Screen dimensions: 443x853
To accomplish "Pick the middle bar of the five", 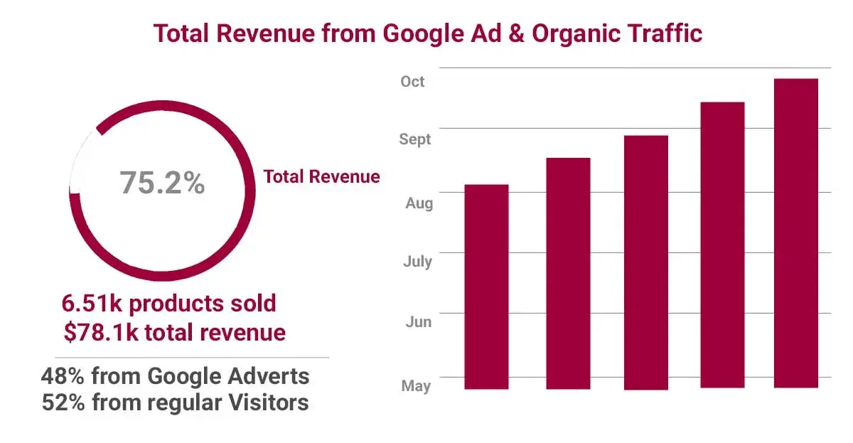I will pos(646,262).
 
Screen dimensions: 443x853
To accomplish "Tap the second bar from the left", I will pos(568,274).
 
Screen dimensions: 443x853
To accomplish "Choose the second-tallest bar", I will pos(722,245).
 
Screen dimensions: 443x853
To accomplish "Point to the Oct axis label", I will pos(412,82).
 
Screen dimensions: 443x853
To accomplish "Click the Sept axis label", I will pos(415,139).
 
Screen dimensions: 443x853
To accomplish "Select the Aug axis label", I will pos(419,204).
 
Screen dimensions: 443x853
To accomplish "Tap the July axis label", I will pos(417,262).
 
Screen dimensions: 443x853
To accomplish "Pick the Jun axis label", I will pos(418,322).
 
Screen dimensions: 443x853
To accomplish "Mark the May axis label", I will pos(416,386).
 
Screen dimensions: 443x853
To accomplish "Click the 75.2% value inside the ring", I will pos(162,183).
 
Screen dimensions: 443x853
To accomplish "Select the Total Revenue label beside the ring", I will pos(321,177).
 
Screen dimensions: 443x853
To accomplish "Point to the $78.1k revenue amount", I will pos(100,332).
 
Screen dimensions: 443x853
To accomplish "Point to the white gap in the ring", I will pos(80,160).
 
